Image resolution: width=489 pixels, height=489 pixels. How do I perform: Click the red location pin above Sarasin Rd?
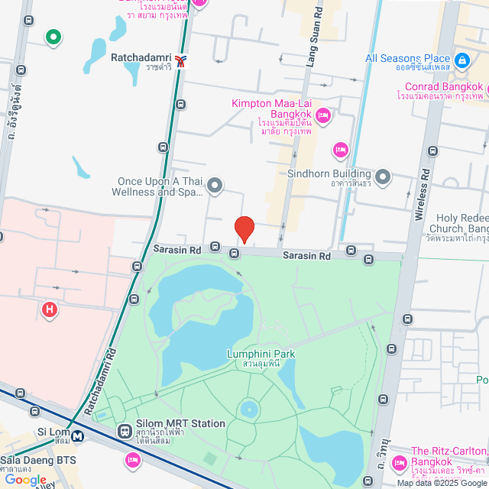pos(244,228)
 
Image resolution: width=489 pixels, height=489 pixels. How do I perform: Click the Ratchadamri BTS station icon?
pos(180,59)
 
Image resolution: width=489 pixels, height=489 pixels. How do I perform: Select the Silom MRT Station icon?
pos(125,432)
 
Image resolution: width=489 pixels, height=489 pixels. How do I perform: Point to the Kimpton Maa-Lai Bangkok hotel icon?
pos(322,115)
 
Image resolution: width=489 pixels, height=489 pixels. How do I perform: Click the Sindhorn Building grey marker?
pos(383,178)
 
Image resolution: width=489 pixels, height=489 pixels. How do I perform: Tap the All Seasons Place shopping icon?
pos(461,59)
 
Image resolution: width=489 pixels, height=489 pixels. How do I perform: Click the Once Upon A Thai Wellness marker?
pos(215,185)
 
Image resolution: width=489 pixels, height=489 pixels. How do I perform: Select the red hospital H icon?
pos(50,309)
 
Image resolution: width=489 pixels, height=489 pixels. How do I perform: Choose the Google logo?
pos(25,479)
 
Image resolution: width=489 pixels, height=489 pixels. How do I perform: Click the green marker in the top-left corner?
pos(53,36)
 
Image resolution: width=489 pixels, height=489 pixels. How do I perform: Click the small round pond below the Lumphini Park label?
pos(249,410)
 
